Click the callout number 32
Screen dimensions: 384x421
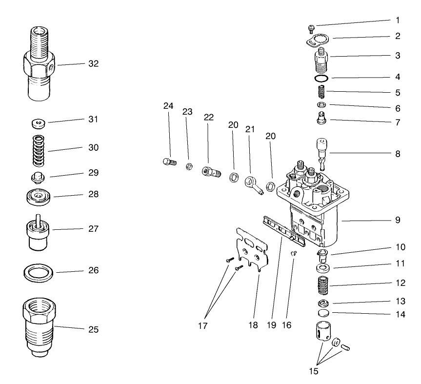click(x=93, y=64)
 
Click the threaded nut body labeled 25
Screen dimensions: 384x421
click(x=37, y=326)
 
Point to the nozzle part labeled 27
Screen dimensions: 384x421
click(x=38, y=233)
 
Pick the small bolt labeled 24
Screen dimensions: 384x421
click(x=168, y=162)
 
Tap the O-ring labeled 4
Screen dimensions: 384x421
click(x=321, y=78)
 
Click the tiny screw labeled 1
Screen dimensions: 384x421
click(x=311, y=27)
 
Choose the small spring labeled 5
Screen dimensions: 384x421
click(x=321, y=92)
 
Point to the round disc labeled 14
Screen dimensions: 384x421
click(x=321, y=313)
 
